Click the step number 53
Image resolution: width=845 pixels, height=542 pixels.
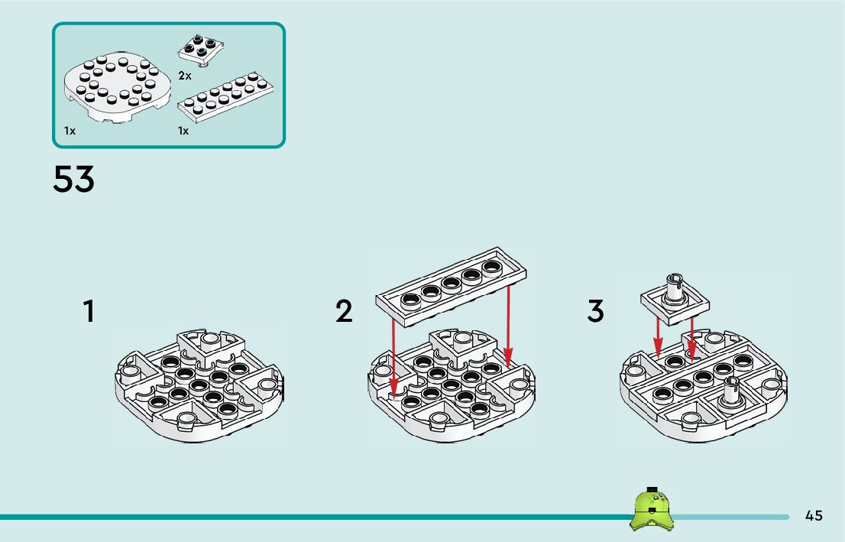pos(73,180)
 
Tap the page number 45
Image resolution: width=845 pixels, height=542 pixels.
pos(814,516)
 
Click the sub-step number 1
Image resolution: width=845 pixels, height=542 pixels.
pos(89,312)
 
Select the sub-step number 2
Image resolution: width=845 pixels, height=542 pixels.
pos(345,312)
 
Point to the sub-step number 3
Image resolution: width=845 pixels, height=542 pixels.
pos(595,312)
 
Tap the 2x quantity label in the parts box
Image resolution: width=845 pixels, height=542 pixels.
pos(184,76)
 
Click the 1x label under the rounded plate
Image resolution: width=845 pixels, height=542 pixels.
pos(70,131)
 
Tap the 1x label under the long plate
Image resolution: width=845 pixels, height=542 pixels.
pos(183,131)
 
